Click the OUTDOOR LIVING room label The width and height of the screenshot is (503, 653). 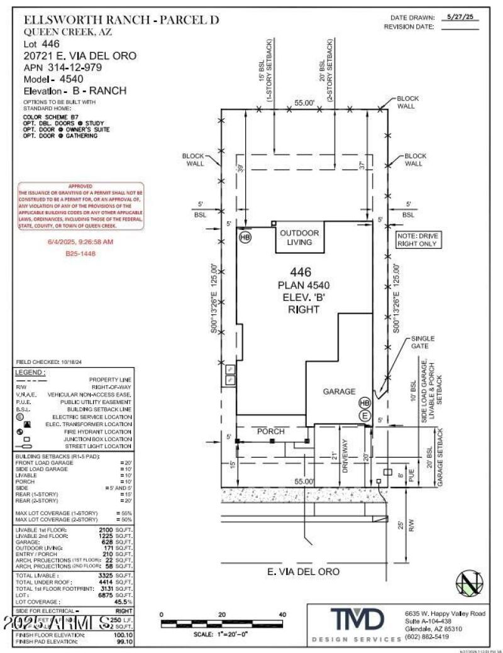[299, 237]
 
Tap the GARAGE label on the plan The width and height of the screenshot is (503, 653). [339, 391]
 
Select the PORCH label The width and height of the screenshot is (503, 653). [271, 432]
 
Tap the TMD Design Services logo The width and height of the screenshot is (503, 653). [355, 620]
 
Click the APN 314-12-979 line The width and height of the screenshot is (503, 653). [62, 67]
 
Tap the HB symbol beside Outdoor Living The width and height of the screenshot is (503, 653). [245, 237]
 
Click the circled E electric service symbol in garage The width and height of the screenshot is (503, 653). [363, 415]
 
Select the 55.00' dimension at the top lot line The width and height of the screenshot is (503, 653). [304, 102]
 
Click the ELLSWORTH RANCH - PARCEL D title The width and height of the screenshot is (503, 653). [121, 20]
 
